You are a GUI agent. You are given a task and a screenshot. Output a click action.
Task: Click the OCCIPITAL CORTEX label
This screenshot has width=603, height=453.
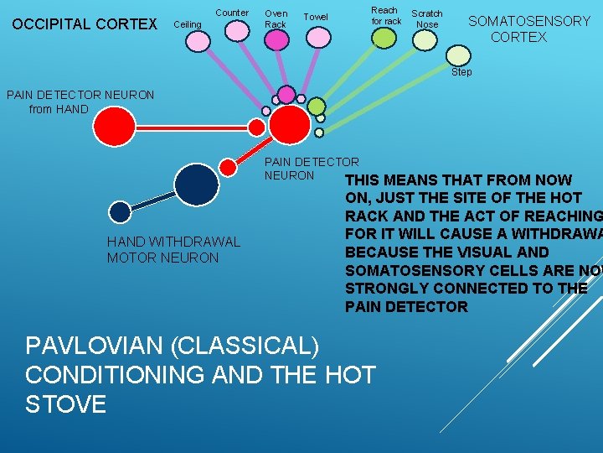point(85,24)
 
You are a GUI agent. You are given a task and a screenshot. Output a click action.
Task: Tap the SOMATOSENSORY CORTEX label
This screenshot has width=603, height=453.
point(528,29)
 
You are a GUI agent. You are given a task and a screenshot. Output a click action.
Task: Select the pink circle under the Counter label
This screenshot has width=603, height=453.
point(238,31)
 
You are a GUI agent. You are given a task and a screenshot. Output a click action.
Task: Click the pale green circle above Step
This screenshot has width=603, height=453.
point(458,55)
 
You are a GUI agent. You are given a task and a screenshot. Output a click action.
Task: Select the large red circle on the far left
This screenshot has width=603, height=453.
point(114,127)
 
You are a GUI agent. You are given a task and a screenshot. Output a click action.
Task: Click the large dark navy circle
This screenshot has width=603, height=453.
point(197,184)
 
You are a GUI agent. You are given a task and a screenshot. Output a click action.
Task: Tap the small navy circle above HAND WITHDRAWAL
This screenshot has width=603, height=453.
point(121,212)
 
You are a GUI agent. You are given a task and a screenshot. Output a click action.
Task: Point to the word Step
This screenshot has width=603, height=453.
point(461,72)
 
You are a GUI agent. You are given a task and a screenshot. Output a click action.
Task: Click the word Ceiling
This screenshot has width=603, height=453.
point(187,24)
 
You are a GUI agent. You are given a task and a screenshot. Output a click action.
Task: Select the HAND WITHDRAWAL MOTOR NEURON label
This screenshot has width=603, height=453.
point(173,250)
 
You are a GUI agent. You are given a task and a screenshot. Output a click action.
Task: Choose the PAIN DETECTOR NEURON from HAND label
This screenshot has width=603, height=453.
point(80,102)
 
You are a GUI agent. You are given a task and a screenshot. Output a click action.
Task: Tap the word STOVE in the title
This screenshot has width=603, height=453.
point(66,404)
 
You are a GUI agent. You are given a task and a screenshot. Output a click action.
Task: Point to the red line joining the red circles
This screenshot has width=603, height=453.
point(193,128)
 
